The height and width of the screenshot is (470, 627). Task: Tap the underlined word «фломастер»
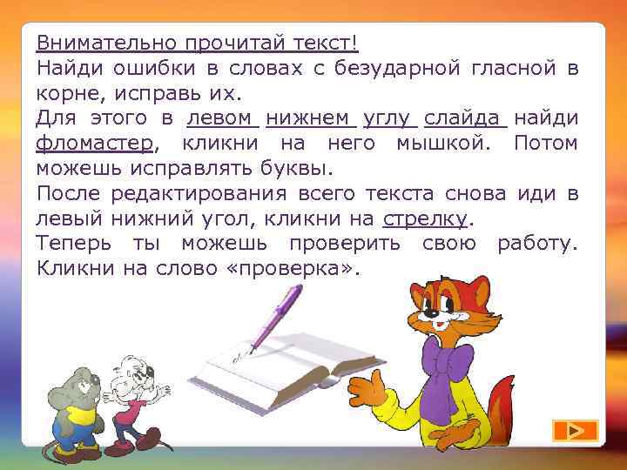(95, 142)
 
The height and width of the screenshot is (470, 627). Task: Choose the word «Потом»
(546, 142)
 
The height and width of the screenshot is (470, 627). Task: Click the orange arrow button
(575, 430)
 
